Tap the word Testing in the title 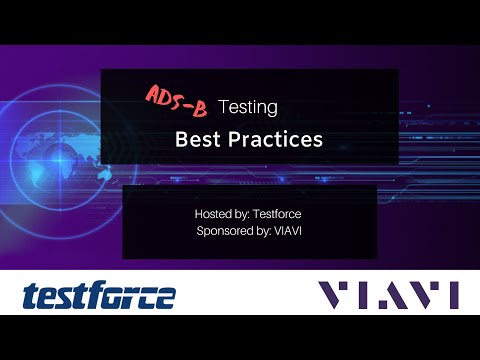coord(248,105)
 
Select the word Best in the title coord(197,139)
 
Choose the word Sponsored coord(225,232)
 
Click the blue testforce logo coord(99,295)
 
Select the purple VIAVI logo coord(387,295)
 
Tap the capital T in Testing coord(223,105)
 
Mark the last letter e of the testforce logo coord(164,297)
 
